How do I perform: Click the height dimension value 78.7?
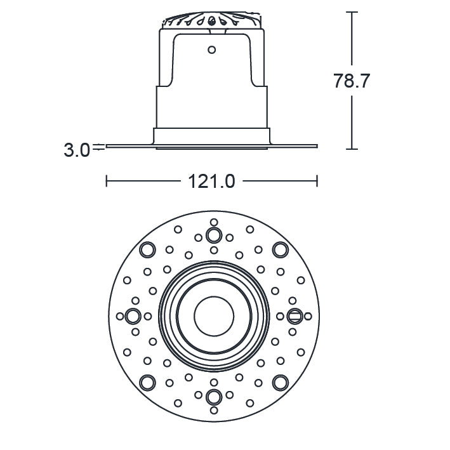(x=351, y=81)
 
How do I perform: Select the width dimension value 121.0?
(x=211, y=182)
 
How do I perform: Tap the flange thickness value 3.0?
(x=76, y=150)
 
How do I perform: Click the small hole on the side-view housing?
(x=212, y=50)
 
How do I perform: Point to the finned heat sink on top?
(x=212, y=20)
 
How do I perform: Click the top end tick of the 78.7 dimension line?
(x=352, y=12)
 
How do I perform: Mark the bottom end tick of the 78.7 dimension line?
(x=352, y=149)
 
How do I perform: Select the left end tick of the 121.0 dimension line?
(x=107, y=182)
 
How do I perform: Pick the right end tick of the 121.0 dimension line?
(x=317, y=182)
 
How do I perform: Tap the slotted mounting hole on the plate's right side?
(x=294, y=315)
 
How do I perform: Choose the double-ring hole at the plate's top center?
(x=214, y=235)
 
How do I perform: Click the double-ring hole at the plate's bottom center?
(x=214, y=397)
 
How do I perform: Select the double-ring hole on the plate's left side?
(x=133, y=315)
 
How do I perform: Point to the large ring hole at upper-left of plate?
(x=147, y=249)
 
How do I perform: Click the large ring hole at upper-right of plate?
(x=279, y=249)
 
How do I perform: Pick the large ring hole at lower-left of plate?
(x=147, y=381)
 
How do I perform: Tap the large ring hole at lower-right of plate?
(x=279, y=381)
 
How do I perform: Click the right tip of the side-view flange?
(x=315, y=146)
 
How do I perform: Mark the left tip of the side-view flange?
(x=107, y=146)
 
